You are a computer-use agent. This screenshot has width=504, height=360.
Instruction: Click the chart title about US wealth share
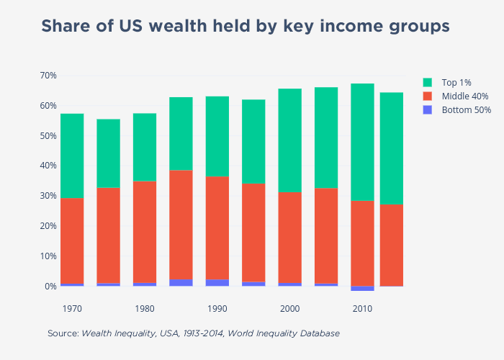245,27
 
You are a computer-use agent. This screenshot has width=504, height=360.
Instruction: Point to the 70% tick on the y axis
48,76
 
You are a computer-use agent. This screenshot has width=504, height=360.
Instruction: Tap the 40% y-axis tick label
48,166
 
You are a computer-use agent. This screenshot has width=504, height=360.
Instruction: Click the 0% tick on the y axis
50,287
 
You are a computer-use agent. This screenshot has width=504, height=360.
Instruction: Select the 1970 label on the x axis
72,309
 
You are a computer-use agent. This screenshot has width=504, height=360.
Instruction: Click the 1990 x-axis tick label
217,309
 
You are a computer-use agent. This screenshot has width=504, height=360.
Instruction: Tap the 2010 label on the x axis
362,309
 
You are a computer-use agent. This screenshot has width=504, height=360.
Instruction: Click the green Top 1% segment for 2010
362,142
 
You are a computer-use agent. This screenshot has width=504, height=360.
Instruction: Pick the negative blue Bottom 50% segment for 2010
362,289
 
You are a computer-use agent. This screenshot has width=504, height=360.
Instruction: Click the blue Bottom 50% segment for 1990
217,283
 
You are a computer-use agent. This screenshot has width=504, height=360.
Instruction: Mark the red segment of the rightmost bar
392,245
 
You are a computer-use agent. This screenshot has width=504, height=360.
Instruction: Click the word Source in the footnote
63,334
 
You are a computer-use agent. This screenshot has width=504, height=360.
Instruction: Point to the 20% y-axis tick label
48,226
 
